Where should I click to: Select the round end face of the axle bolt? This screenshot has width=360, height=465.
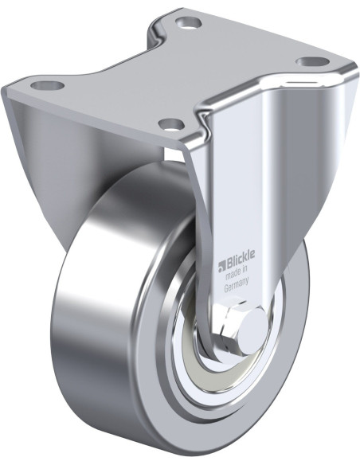coord(252,330)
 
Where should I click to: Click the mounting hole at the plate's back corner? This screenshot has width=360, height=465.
coord(188,21)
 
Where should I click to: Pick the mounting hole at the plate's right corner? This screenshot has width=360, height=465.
coord(313,61)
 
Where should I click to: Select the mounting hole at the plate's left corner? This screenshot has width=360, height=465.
coord(48,86)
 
